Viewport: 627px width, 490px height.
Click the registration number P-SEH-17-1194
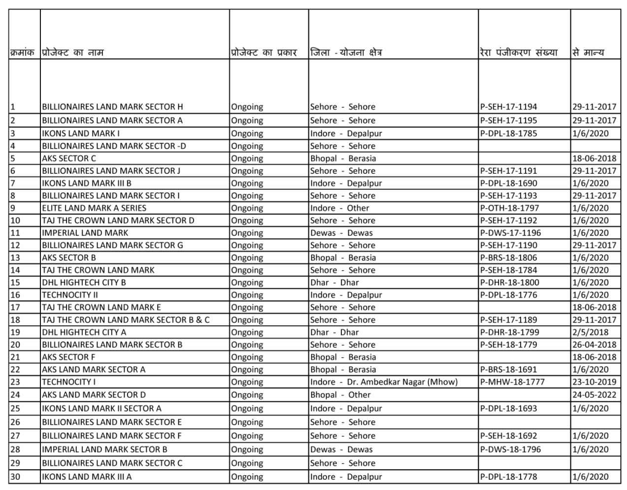pyautogui.click(x=508, y=107)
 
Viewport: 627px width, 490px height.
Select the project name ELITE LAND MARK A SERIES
pyautogui.click(x=94, y=208)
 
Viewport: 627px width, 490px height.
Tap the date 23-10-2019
pyautogui.click(x=594, y=382)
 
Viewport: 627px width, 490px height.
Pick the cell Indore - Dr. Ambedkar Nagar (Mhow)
pyautogui.click(x=384, y=382)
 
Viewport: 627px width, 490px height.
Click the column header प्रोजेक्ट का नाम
pyautogui.click(x=73, y=53)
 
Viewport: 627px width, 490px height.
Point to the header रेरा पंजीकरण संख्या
pyautogui.click(x=518, y=53)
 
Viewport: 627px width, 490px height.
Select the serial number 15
pyautogui.click(x=15, y=282)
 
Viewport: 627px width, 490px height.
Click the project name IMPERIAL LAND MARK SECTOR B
pyautogui.click(x=104, y=449)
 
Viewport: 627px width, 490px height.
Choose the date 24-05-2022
pyautogui.click(x=594, y=395)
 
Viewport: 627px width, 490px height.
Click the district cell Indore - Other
pyautogui.click(x=339, y=208)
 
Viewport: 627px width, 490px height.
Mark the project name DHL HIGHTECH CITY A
pyautogui.click(x=84, y=332)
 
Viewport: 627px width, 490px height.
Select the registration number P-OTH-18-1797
pyautogui.click(x=509, y=208)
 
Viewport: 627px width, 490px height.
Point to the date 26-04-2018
pyautogui.click(x=594, y=345)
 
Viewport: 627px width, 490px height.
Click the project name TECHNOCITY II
pyautogui.click(x=69, y=295)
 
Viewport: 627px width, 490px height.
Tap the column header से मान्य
pyautogui.click(x=588, y=53)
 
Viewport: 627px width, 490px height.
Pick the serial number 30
pyautogui.click(x=15, y=476)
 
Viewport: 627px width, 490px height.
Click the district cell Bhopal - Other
pyautogui.click(x=340, y=395)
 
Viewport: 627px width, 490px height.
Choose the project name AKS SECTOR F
pyautogui.click(x=68, y=357)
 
